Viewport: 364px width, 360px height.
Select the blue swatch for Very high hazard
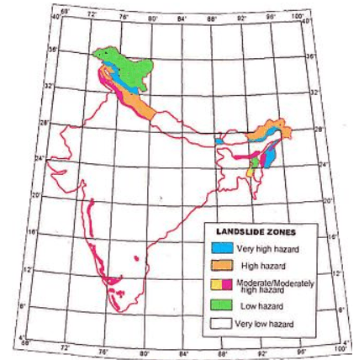coord(221,248)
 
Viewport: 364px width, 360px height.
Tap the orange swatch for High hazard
coord(221,266)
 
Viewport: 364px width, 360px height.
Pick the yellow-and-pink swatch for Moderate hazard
coord(221,284)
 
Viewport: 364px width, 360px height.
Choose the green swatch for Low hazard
coord(221,303)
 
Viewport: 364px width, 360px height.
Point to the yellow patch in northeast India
coord(250,172)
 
